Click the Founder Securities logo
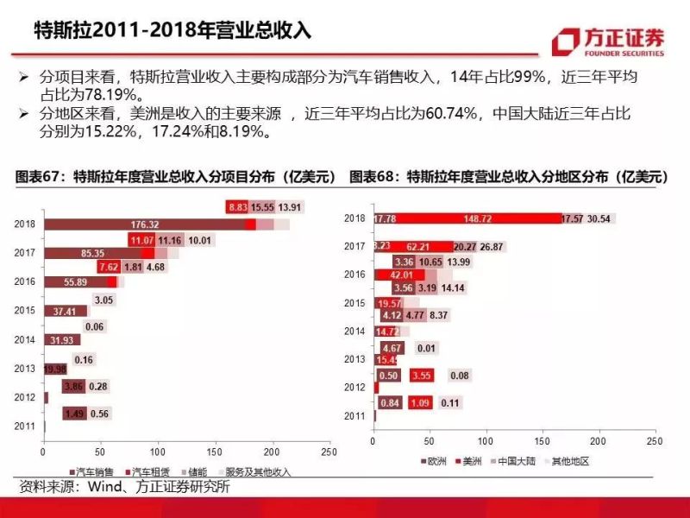609,41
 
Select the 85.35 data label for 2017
92,253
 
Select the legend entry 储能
196,472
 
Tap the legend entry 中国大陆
519,462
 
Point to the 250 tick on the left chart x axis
329,452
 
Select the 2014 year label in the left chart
25,340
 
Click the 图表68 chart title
510,176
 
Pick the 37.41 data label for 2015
65,311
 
